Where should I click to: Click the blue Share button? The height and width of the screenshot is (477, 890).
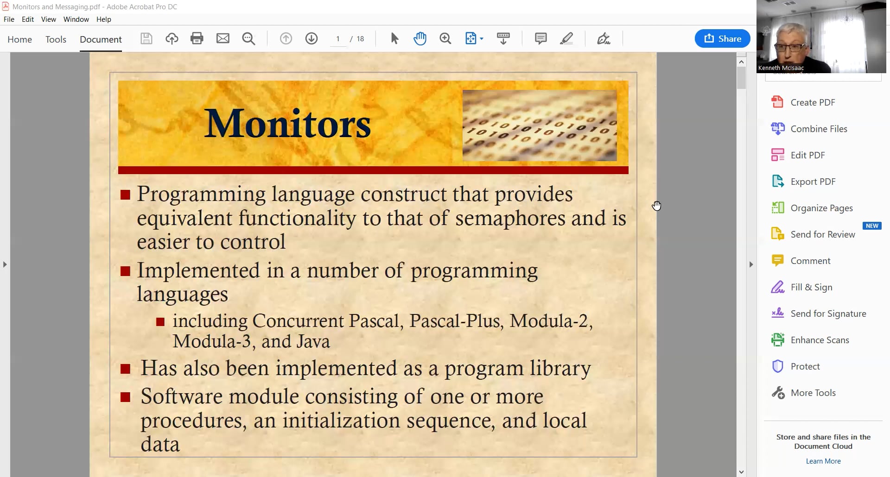[x=722, y=38]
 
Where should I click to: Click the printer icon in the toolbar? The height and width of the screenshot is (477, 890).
[x=197, y=38]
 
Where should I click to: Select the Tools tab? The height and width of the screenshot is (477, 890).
[x=56, y=39]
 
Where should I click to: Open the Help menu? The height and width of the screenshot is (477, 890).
[x=104, y=19]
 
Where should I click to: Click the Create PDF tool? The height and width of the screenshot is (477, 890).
[x=812, y=102]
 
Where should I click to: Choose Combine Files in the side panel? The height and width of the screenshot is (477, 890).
[x=818, y=129]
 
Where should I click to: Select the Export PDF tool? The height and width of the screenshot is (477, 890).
[x=813, y=182]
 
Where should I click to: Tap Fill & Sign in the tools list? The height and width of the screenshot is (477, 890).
[x=811, y=287]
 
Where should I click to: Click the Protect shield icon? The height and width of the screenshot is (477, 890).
[x=777, y=366]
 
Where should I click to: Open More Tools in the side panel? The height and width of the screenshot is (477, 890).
[x=813, y=393]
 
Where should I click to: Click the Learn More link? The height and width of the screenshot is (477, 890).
[x=823, y=461]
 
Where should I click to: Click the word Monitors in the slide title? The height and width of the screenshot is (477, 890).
[x=287, y=124]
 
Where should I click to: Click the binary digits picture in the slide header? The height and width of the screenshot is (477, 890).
[x=540, y=126]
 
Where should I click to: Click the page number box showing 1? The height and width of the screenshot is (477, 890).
[x=338, y=39]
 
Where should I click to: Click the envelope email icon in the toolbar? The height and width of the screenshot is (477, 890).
[x=223, y=38]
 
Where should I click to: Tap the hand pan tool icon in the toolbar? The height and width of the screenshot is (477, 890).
[x=420, y=38]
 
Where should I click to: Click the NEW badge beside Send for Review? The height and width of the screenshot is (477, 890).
[x=872, y=226]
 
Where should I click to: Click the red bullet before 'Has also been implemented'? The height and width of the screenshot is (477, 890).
[x=125, y=369]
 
